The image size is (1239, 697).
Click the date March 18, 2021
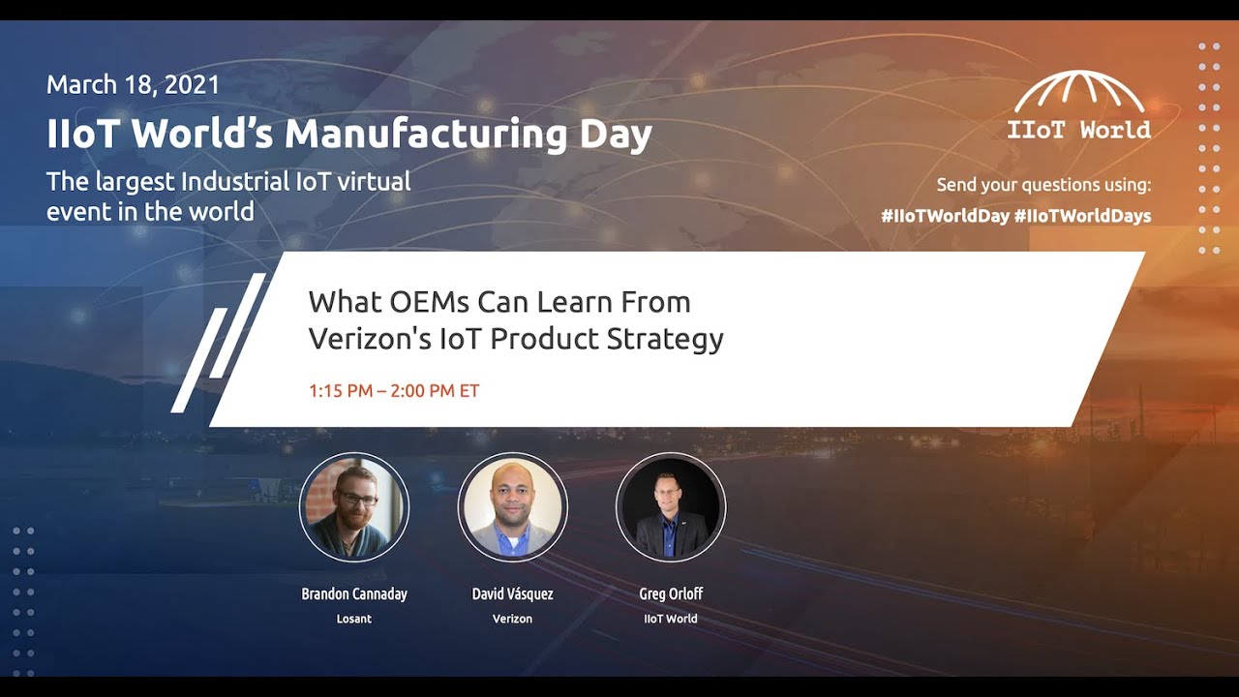pyautogui.click(x=133, y=84)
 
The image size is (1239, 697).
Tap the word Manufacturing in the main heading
pyautogui.click(x=425, y=134)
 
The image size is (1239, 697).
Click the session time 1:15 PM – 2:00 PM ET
pyautogui.click(x=394, y=391)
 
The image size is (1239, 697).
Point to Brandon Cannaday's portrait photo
pyautogui.click(x=354, y=507)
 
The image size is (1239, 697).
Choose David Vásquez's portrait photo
pyautogui.click(x=512, y=507)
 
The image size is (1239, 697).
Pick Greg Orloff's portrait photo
pyautogui.click(x=670, y=507)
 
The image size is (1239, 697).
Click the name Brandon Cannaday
pyautogui.click(x=354, y=593)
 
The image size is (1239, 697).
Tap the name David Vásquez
pyautogui.click(x=512, y=593)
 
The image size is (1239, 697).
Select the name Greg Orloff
pyautogui.click(x=671, y=593)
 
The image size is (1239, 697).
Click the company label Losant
pyautogui.click(x=354, y=619)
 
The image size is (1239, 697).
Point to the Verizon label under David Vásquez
pyautogui.click(x=512, y=619)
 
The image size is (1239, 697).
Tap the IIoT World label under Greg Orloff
pyautogui.click(x=671, y=619)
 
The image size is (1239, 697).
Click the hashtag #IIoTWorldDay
pyautogui.click(x=945, y=216)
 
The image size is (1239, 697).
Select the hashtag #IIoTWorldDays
pyautogui.click(x=1083, y=216)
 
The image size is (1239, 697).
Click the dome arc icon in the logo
pyautogui.click(x=1079, y=92)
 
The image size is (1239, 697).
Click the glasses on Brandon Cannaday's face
pyautogui.click(x=358, y=498)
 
